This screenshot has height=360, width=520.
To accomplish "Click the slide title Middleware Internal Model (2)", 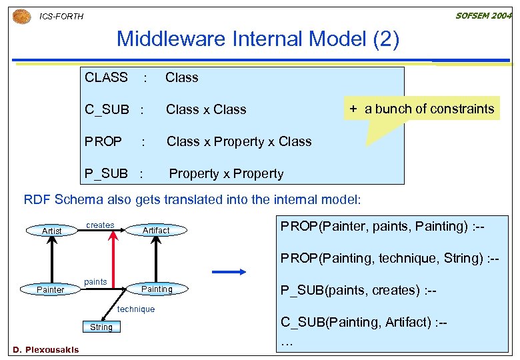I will point(257,39).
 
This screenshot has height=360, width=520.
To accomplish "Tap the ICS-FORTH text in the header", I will point(61,16).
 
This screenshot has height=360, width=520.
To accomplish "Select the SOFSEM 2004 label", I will point(483,15).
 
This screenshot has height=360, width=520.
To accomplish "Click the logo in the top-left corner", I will point(22,16).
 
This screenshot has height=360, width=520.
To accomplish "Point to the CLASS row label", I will point(106,77).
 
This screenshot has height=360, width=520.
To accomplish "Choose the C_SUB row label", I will point(107,109).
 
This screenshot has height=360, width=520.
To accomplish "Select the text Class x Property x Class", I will point(239,141).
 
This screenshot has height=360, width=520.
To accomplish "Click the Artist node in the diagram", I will point(52,231).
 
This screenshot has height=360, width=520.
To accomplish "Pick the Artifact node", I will point(156,230).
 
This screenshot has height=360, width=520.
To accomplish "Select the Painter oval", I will point(51,289).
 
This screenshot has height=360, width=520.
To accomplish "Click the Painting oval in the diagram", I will point(157,289).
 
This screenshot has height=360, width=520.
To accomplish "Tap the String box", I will point(101,327).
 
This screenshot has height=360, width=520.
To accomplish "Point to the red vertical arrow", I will point(113,260).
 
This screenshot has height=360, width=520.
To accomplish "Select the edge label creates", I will point(100,225).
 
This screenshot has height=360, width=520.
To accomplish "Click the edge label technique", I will point(135,309).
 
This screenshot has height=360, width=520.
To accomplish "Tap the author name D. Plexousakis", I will point(45,349).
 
